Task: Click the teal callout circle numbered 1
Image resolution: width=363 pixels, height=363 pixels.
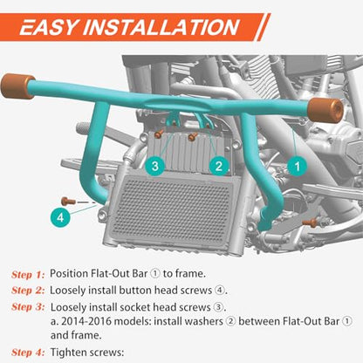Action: click(297, 167)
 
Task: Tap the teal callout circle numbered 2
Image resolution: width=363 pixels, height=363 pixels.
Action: click(219, 166)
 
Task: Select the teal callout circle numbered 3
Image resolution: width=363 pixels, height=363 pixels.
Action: click(155, 166)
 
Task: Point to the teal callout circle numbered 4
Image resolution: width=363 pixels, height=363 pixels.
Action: click(60, 217)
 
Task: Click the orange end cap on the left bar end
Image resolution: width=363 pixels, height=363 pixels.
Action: click(17, 86)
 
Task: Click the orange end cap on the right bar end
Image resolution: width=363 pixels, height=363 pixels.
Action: click(325, 110)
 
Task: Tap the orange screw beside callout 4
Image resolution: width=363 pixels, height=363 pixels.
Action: click(68, 202)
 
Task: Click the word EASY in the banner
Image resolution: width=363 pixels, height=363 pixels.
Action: click(49, 27)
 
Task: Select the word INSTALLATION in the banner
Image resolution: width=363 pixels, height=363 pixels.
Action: click(161, 27)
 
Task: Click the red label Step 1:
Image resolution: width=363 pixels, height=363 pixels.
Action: click(28, 274)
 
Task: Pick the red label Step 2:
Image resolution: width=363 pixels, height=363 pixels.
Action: click(28, 291)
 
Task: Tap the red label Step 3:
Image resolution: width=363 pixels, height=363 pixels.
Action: click(28, 307)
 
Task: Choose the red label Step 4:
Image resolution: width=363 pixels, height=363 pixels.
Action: click(28, 353)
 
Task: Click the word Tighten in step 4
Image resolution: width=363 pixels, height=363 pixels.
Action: click(69, 353)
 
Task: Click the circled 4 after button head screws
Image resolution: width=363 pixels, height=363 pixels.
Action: click(220, 291)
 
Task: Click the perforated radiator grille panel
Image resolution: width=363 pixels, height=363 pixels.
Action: click(174, 207)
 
